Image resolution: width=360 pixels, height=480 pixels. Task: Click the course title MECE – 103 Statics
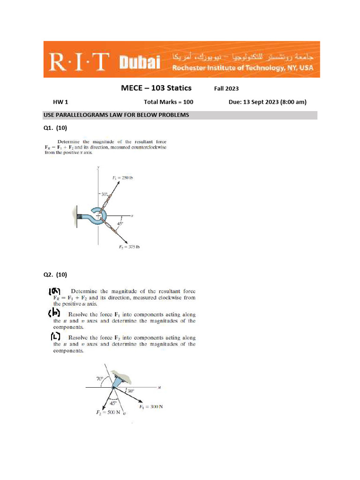coord(156,88)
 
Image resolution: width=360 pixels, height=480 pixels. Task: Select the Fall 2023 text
coord(226,89)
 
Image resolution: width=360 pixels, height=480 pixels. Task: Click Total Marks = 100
coord(168,102)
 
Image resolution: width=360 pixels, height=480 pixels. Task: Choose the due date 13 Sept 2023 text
coord(267,102)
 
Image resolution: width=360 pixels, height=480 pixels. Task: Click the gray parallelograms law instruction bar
coord(180,115)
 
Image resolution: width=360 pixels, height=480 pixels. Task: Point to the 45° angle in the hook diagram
coord(120,224)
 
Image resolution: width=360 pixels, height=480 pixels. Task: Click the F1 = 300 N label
coord(151,406)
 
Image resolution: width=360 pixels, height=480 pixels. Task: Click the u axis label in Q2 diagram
coord(160,387)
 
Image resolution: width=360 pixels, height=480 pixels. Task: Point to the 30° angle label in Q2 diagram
coord(130,390)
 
